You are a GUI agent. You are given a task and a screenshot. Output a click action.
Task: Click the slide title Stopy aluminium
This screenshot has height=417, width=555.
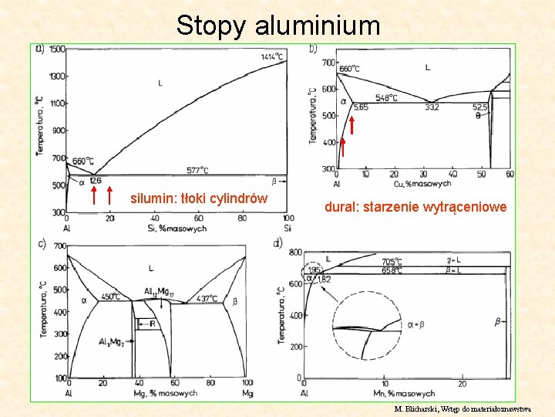pos(278,25)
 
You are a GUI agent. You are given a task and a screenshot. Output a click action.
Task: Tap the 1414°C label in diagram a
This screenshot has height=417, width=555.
pos(271,56)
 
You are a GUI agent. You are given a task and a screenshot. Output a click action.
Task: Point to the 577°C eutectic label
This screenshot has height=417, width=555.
pos(197,170)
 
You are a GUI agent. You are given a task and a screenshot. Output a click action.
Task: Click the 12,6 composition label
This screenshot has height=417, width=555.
pos(95,181)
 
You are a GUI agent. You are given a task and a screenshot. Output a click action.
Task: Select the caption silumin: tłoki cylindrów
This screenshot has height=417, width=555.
pos(199,198)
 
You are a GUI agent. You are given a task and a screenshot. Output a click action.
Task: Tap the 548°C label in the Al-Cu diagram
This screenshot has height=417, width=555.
pos(387,98)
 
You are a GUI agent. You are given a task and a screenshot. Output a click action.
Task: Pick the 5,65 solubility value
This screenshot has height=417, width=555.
pos(361,108)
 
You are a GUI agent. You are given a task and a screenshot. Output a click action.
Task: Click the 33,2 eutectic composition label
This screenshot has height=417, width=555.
pos(432,108)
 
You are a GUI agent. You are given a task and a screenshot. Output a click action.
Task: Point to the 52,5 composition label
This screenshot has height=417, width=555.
pos(480,108)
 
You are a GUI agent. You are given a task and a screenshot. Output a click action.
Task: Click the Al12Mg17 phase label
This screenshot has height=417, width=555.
pos(159,291)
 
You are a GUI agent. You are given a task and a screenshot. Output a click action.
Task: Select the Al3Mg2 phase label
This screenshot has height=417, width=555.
pos(113,341)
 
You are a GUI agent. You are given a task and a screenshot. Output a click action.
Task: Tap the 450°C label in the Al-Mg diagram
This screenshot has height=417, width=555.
pos(110,297)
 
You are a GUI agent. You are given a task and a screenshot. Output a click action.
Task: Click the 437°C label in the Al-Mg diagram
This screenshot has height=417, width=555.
pos(207,298)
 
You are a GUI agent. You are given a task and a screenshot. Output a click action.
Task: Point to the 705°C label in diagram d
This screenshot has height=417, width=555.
pos(392,262)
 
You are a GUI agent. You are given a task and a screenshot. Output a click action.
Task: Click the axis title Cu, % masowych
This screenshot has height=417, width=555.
pos(422,184)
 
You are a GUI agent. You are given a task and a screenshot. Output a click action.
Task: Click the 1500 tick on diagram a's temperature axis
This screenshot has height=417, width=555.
pos(57,50)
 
